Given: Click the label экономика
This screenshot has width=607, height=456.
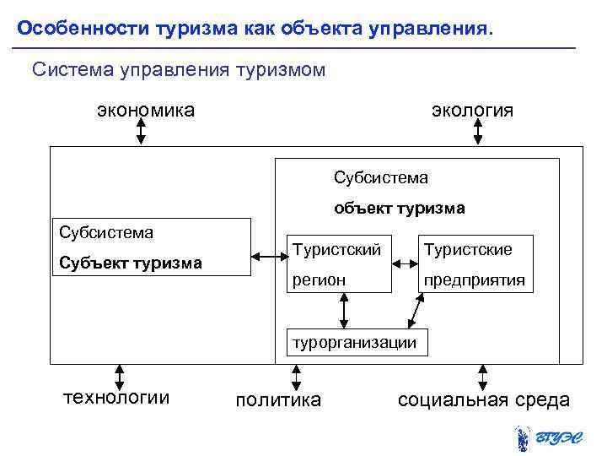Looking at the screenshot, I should (146, 110).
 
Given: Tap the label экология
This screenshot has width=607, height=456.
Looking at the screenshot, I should (471, 111).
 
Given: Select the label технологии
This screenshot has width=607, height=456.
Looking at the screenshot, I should (116, 398).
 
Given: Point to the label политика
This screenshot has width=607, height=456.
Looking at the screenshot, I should (277, 399).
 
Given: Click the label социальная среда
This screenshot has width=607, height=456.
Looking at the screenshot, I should (483, 399).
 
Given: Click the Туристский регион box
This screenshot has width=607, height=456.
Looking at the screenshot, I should (340, 263).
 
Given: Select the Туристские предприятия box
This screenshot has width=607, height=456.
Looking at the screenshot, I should (475, 263).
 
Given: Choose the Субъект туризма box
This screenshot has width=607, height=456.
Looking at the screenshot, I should (152, 247).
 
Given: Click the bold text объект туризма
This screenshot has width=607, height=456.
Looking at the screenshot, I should (399, 208).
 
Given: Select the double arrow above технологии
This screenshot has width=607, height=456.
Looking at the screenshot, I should (120, 376).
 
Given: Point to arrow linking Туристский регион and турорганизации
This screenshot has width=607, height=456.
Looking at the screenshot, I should (343, 310).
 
